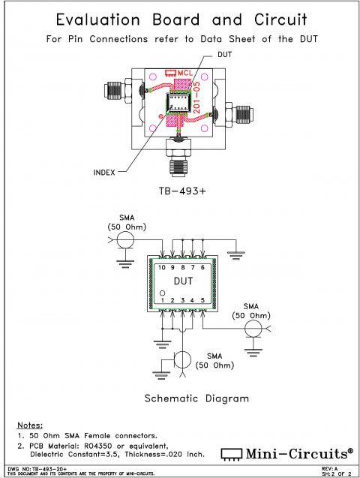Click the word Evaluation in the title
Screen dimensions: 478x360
pos(102,20)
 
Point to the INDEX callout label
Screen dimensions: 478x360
pos(103,172)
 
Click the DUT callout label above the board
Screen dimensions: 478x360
pos(224,55)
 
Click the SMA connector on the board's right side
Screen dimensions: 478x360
pos(241,115)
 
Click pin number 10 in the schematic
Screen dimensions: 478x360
pos(161,267)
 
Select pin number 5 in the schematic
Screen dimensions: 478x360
pos(203,300)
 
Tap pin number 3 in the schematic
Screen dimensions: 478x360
pos(182,300)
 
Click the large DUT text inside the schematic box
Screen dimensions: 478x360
pos(182,283)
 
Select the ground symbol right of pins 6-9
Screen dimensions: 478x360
pos(237,255)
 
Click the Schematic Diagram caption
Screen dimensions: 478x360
pos(196,398)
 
